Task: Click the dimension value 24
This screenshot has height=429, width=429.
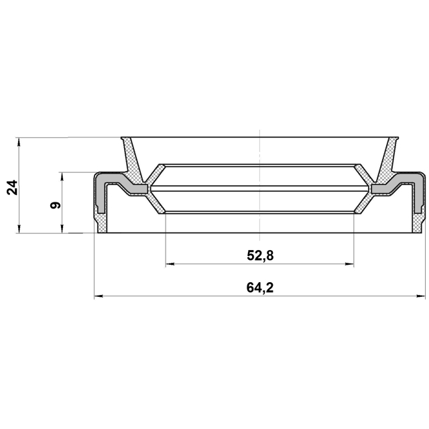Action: [x=13, y=188]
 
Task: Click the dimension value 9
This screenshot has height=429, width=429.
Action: [x=55, y=205]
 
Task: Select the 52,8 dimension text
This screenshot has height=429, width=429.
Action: [x=260, y=256]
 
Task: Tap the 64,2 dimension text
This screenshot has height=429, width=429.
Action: [x=260, y=288]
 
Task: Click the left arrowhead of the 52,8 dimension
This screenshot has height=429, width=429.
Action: [x=170, y=264]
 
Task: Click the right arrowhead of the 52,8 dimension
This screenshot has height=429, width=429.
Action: [x=349, y=264]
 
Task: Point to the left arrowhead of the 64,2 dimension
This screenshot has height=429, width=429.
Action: [x=99, y=296]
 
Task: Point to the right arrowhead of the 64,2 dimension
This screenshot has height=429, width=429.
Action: [x=421, y=296]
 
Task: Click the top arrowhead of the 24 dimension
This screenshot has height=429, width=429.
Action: [x=19, y=141]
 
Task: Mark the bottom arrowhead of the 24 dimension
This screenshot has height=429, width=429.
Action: [x=19, y=229]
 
